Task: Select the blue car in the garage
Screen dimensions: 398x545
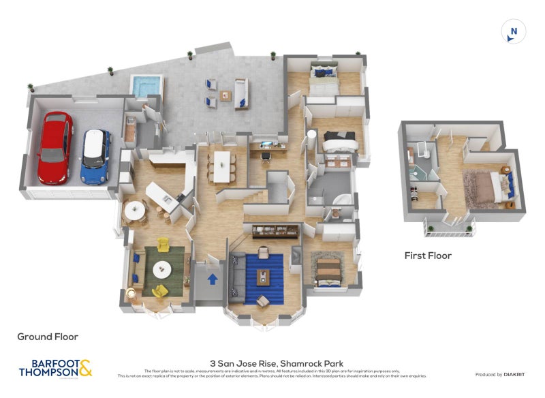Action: click(95, 157)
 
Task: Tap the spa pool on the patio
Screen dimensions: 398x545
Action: click(146, 87)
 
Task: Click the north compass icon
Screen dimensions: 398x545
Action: click(514, 31)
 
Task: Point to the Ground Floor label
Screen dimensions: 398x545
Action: click(48, 337)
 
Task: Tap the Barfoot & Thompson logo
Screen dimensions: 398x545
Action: click(54, 368)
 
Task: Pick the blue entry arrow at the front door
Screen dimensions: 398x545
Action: click(213, 278)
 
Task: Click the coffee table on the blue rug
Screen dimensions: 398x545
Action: click(263, 276)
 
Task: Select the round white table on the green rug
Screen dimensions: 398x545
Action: click(162, 270)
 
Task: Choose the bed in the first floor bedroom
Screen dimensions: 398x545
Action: click(487, 185)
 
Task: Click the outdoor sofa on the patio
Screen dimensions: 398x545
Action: click(241, 93)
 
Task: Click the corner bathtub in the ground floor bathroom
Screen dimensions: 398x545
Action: click(342, 199)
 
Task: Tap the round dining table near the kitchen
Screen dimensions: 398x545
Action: click(134, 211)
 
